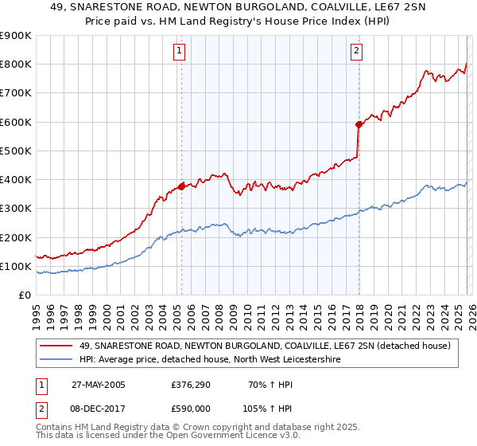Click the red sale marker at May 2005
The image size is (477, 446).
[181, 186]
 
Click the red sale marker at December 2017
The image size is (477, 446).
[359, 124]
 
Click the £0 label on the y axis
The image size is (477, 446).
[24, 295]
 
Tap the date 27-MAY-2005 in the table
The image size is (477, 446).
[98, 385]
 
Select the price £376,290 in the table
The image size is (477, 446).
[189, 385]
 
